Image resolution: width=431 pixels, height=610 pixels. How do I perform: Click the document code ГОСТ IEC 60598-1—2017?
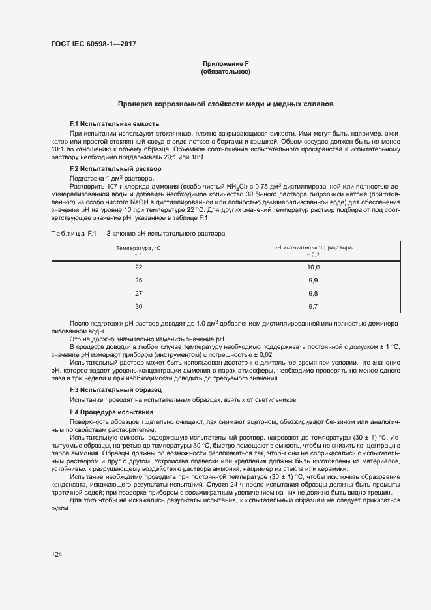(x=93, y=44)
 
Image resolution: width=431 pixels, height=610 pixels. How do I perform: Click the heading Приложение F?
(x=226, y=63)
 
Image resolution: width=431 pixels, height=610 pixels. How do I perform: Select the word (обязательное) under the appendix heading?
(x=226, y=72)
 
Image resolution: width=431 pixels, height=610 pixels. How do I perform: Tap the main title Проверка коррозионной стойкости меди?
(x=225, y=104)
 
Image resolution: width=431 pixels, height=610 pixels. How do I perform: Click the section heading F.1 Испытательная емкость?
(x=114, y=123)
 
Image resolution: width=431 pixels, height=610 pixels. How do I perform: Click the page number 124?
(x=57, y=554)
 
